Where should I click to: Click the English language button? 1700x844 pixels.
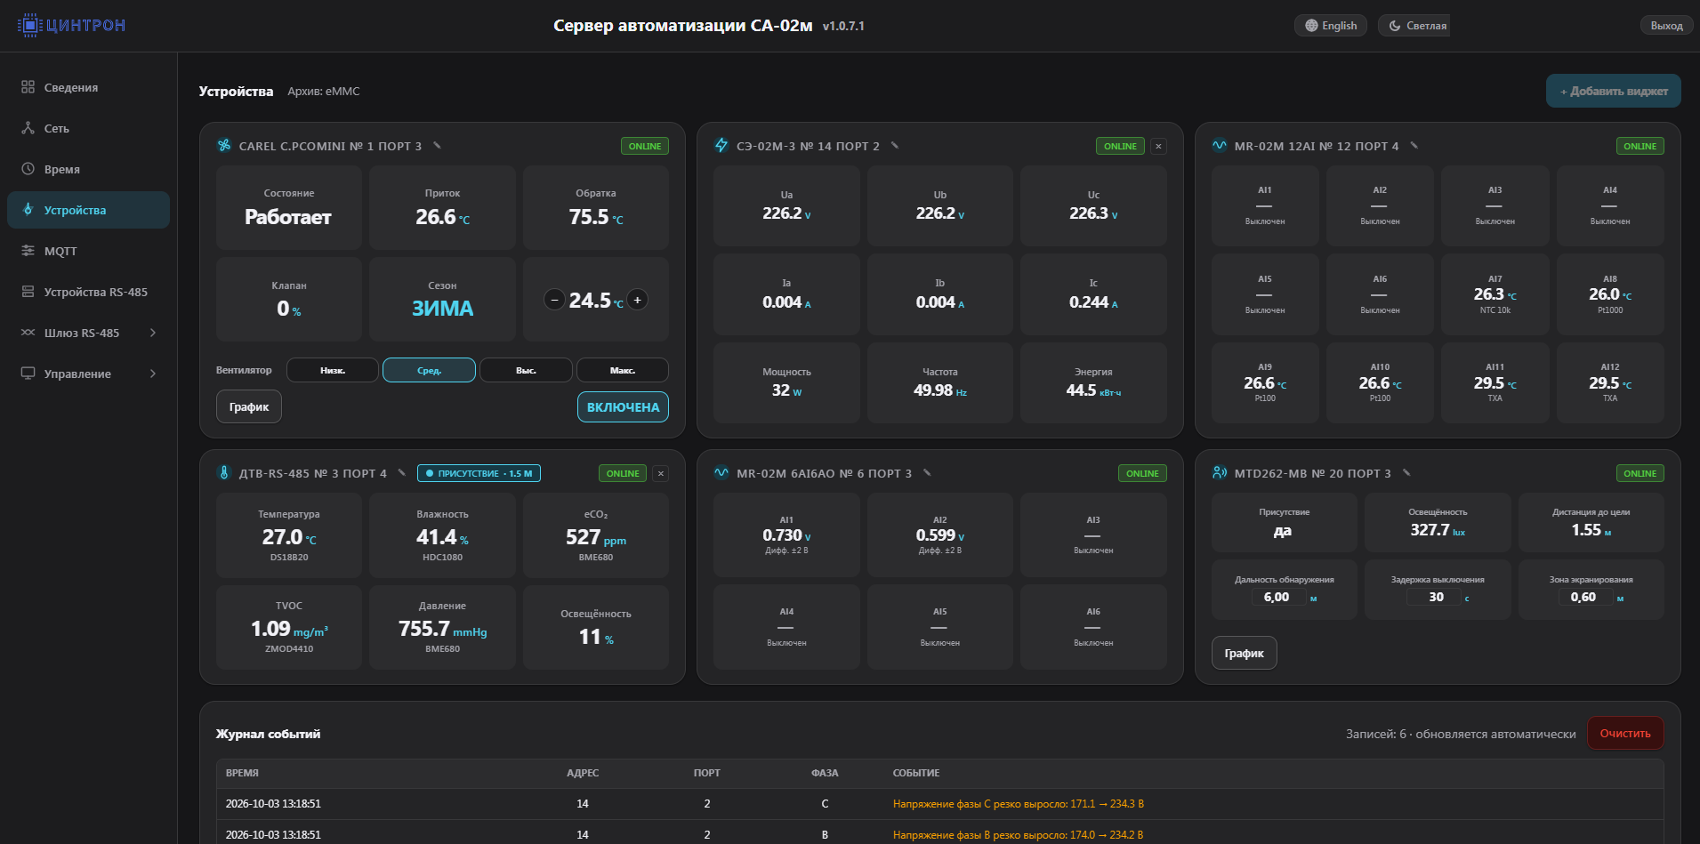click(1331, 26)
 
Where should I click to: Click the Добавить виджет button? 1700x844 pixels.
click(1613, 91)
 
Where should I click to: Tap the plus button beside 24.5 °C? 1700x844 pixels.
click(637, 300)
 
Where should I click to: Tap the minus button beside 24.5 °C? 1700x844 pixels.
click(554, 300)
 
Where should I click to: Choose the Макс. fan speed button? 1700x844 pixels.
click(623, 370)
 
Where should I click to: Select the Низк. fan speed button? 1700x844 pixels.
click(333, 370)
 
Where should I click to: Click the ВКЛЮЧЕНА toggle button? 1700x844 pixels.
click(623, 407)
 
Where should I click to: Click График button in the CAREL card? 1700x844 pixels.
click(249, 407)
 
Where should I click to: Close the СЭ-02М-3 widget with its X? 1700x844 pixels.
click(1158, 146)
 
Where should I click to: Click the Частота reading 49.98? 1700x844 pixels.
click(933, 390)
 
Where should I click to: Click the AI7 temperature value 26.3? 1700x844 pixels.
click(1488, 294)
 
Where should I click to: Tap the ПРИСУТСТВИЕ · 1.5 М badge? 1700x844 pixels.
click(479, 473)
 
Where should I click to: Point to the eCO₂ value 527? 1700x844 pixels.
click(583, 537)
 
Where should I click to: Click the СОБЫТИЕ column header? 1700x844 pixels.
click(916, 773)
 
